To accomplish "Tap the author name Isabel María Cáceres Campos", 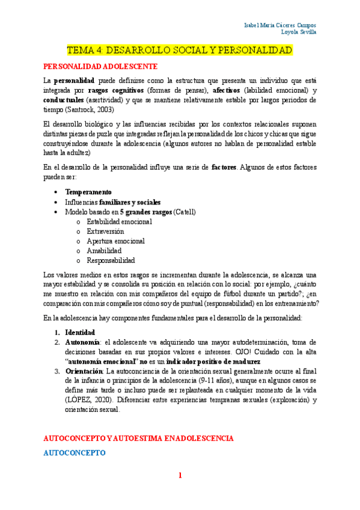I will (281, 25).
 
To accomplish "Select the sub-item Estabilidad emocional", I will (119, 221).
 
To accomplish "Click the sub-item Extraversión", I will (105, 231).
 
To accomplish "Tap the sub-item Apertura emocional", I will (115, 241).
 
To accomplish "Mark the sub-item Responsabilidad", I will (111, 260).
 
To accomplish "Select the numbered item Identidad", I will (81, 332).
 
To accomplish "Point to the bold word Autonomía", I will (82, 342).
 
